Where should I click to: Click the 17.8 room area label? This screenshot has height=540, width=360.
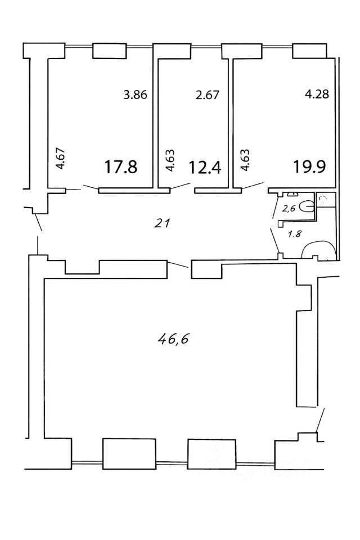point(121,167)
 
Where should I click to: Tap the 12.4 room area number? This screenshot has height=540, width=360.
point(205,167)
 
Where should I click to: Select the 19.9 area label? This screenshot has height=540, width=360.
point(309,167)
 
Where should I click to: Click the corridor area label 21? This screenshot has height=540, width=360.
point(161,223)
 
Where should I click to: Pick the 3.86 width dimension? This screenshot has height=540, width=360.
point(135,95)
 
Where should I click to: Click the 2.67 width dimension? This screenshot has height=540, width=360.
point(206,95)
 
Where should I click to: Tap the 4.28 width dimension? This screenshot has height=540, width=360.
point(316,95)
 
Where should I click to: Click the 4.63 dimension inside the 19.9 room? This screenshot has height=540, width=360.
point(245,159)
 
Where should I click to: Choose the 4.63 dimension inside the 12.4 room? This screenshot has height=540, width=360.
point(169,159)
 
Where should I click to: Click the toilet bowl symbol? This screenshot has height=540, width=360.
point(306,207)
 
